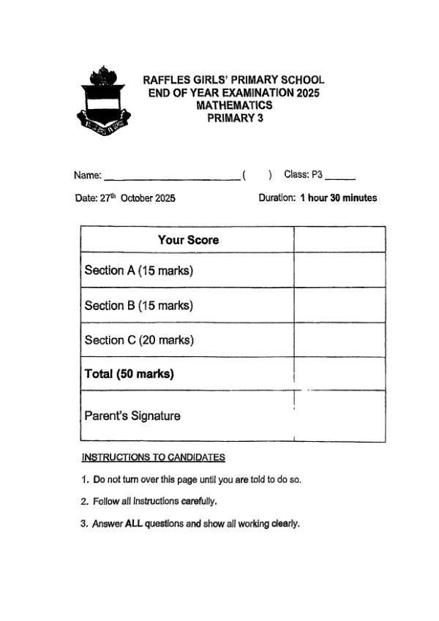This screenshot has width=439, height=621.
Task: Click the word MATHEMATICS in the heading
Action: [x=234, y=105]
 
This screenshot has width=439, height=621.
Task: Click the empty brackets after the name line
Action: [x=257, y=175]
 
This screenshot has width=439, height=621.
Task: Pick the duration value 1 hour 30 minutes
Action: [x=339, y=198]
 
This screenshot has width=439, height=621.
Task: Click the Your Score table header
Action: [x=188, y=240]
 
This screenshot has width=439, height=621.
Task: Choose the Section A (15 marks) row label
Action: [x=138, y=271]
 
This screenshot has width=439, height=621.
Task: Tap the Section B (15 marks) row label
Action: [x=138, y=306]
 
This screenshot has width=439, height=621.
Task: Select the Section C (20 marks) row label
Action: [x=138, y=340]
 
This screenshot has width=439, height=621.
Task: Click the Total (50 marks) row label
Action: [x=130, y=374]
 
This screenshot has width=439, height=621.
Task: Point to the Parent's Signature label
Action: [x=132, y=416]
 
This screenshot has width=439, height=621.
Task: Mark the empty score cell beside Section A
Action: [x=339, y=271]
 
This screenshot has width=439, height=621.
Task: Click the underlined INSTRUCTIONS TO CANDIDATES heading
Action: [x=153, y=458]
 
